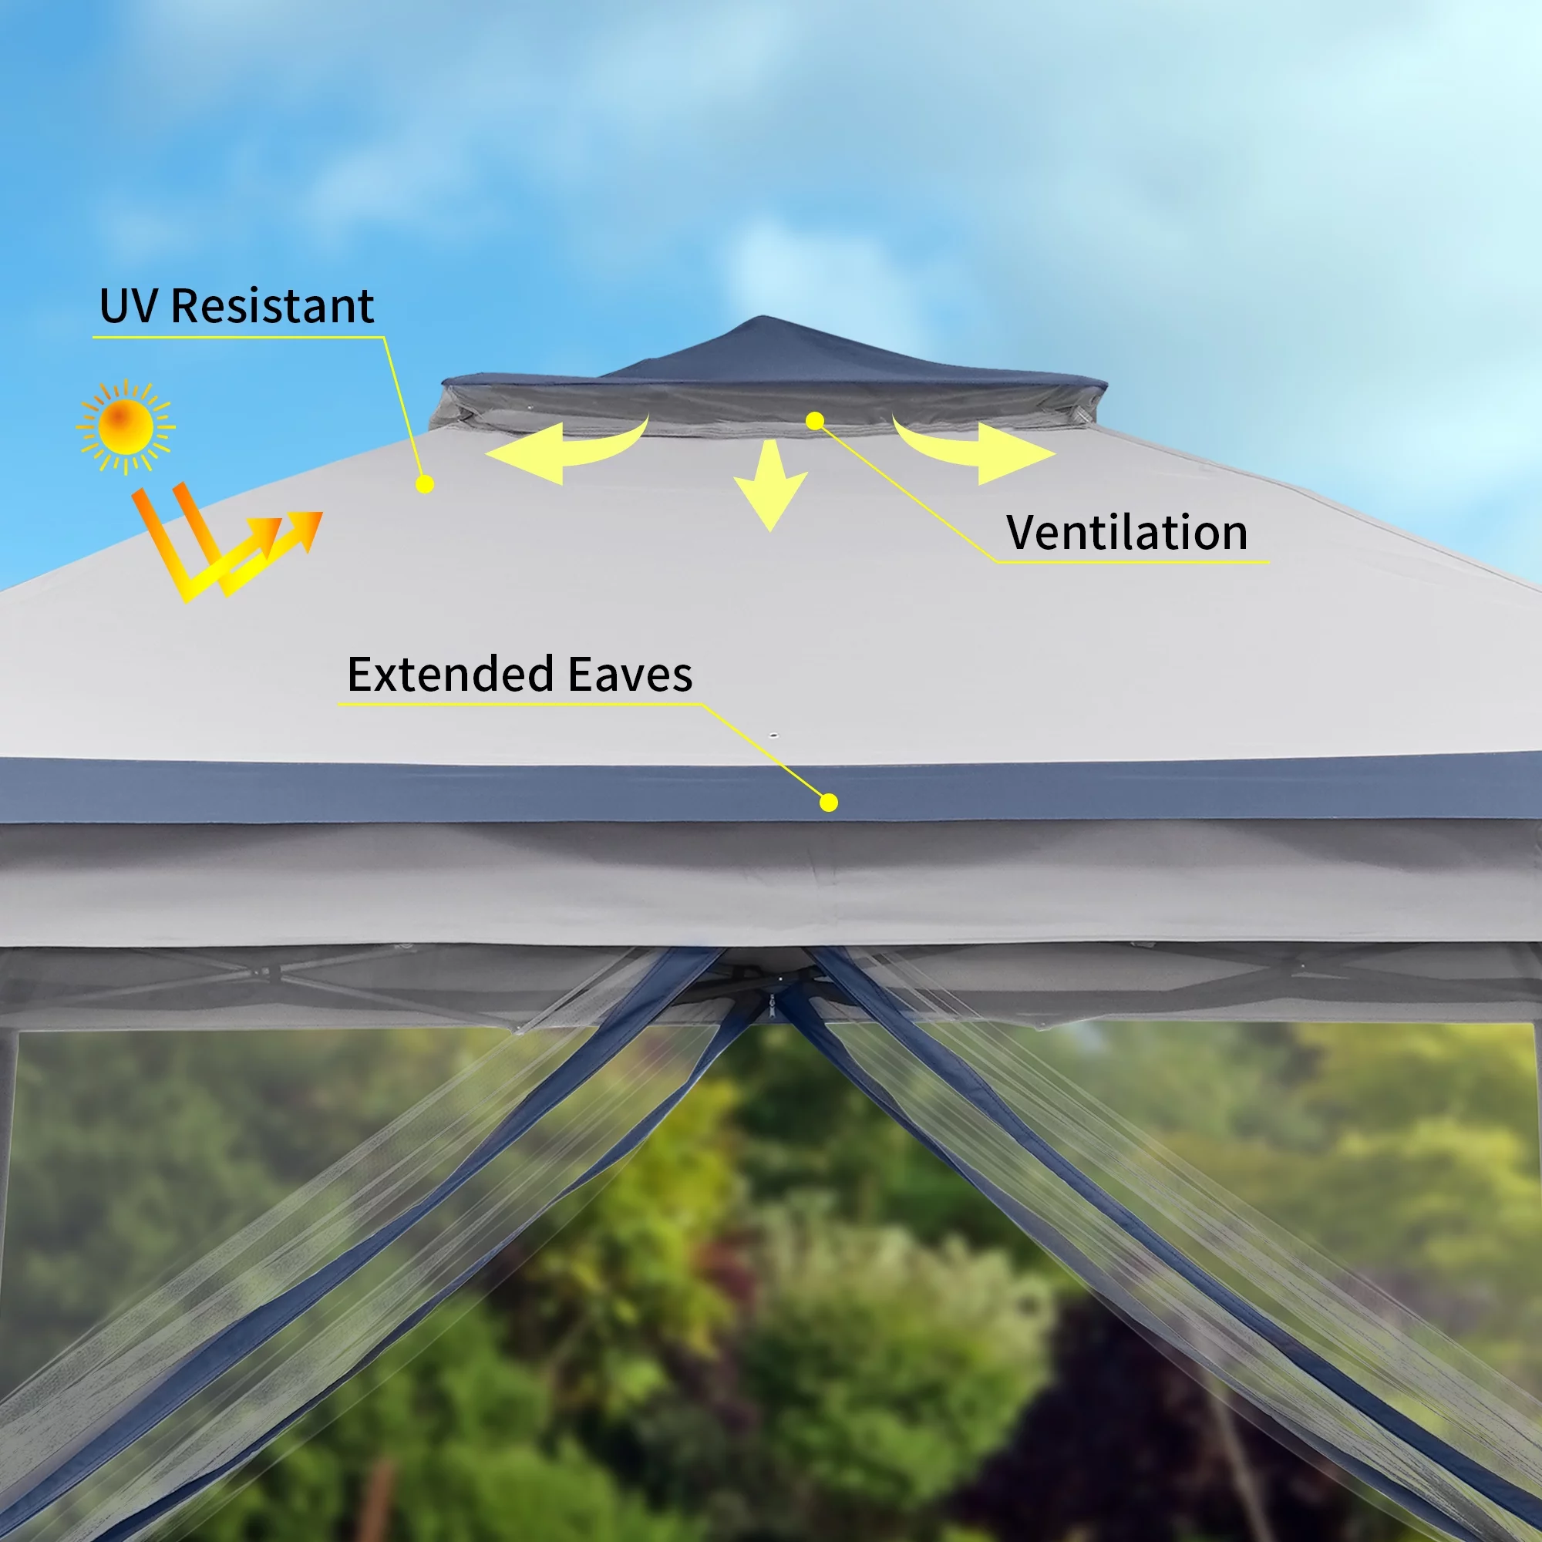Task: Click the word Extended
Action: [x=450, y=675]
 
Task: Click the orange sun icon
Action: [x=126, y=427]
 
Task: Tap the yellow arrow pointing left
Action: [x=566, y=449]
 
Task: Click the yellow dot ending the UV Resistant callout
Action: [x=426, y=483]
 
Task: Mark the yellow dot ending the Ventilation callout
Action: [x=815, y=421]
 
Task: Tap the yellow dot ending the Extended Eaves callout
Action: [x=830, y=802]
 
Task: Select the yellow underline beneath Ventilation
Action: [x=1133, y=563]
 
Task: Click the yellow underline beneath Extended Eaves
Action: [x=520, y=705]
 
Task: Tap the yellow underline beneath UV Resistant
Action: [x=239, y=337]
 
